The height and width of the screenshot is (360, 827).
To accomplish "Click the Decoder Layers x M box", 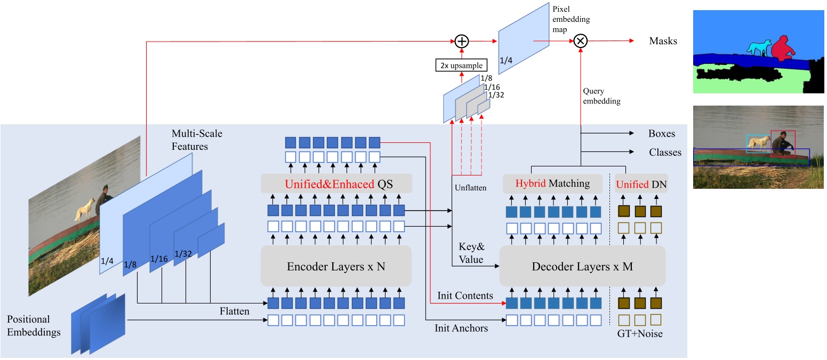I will (x=582, y=266).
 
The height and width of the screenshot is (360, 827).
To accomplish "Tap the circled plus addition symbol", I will (x=462, y=41).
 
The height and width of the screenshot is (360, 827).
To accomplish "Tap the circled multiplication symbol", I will (x=580, y=41).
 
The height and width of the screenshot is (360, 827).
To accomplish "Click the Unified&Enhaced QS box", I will (x=336, y=183).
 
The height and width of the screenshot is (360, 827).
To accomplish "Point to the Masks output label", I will (x=663, y=41).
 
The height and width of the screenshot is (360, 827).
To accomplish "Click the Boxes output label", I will (x=662, y=134).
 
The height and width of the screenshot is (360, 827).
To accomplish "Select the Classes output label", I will (x=665, y=153).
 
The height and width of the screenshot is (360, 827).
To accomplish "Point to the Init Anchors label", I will (x=461, y=328).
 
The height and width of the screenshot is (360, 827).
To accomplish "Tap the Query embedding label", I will (x=602, y=96).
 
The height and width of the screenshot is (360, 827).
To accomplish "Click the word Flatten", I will (x=234, y=310).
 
